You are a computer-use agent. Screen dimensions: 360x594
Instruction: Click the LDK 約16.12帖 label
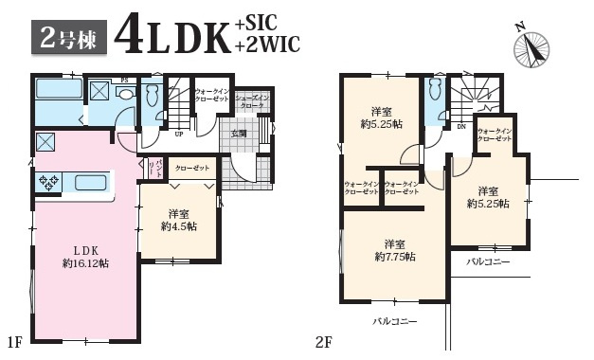tap(84, 256)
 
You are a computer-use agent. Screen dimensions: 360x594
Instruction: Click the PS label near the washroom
tap(123, 81)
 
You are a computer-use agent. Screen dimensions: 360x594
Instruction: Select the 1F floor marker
tap(13, 339)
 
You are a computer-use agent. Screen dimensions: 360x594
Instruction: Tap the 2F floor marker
tap(321, 339)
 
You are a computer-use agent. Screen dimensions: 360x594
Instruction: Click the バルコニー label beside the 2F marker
tap(394, 322)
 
